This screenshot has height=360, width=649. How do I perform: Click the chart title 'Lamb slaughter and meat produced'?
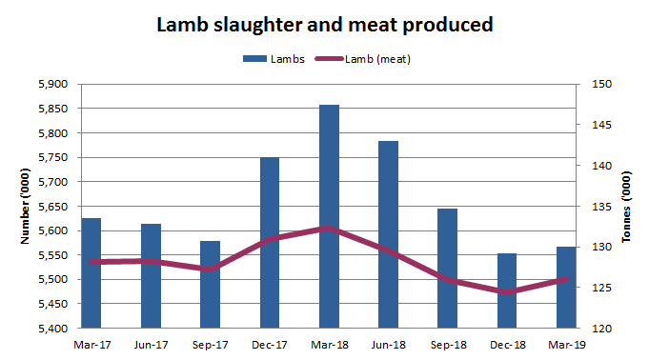325,25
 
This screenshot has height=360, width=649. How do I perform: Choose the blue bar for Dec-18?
507,290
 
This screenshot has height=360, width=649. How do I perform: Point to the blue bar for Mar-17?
91,272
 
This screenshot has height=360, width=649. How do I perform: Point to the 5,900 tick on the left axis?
53,84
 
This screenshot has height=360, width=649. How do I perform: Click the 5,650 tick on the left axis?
53,206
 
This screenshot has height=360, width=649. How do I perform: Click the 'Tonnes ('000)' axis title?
626,206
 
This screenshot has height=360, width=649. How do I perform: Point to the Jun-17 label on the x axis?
151,344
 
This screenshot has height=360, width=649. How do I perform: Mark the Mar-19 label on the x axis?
566,344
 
